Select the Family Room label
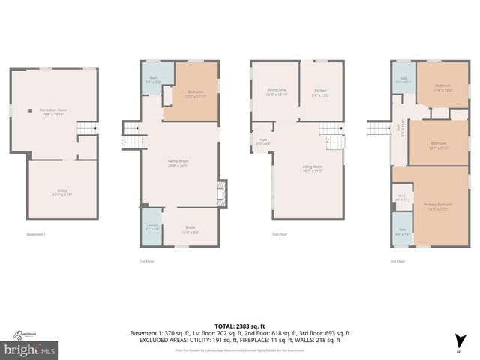tap(177, 163)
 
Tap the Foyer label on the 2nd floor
tap(263, 141)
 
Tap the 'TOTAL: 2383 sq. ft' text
tap(240, 326)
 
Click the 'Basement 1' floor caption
tap(36, 235)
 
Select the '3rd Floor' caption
tap(397, 261)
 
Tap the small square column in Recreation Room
tap(29, 111)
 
